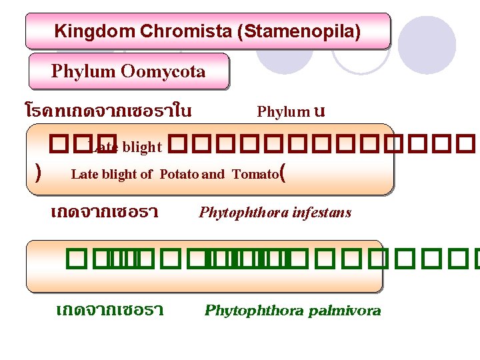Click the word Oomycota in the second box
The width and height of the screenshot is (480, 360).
coord(163,71)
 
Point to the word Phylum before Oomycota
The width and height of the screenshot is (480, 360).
coord(84,71)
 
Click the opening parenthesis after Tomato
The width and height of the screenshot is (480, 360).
coord(284,175)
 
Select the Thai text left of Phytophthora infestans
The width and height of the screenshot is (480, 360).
coord(104,213)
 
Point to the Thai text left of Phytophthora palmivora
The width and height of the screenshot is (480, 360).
coord(110,311)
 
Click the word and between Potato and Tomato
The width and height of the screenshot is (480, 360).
coord(213,175)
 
